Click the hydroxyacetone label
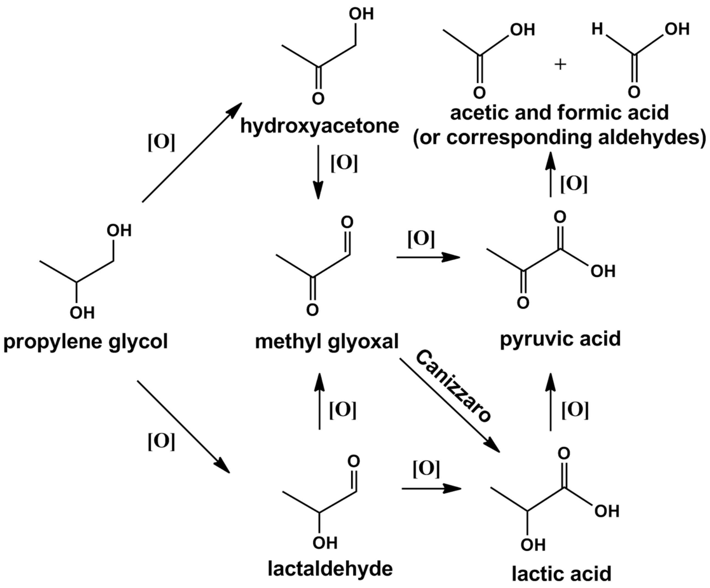coord(320,126)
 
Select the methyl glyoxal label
coord(327,341)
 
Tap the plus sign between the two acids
coord(560,64)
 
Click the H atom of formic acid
coord(597,29)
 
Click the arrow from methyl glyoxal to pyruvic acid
coord(428,257)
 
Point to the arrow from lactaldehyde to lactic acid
coord(431,488)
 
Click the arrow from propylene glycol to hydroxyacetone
coord(192,152)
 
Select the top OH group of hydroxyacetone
coord(361,14)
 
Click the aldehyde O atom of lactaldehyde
coord(353,461)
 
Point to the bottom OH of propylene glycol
coord(82,313)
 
